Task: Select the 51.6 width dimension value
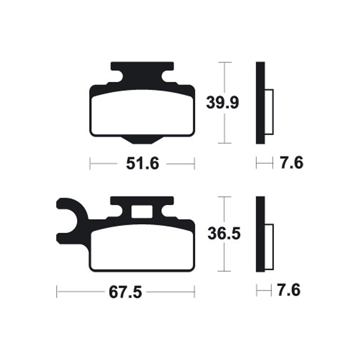[x=142, y=164]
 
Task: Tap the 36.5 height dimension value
[x=224, y=234]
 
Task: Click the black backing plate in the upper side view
[x=261, y=103]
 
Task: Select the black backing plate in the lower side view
[x=261, y=234]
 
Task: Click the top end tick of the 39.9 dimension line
[x=224, y=62]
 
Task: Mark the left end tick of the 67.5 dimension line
[x=57, y=292]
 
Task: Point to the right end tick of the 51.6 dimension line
[x=194, y=164]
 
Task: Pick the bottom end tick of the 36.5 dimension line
[x=224, y=271]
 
